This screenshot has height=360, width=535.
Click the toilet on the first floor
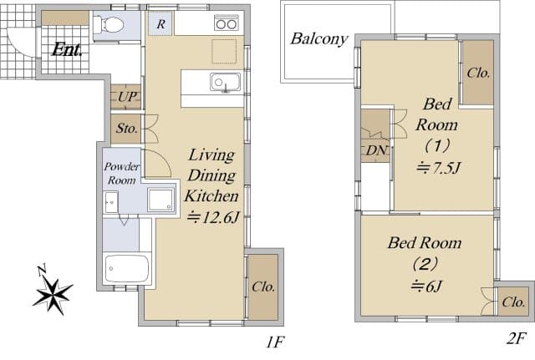(107, 25)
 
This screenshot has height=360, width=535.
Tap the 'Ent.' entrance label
(66, 49)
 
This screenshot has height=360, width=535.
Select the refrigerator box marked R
(160, 24)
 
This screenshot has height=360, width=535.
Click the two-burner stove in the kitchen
(226, 23)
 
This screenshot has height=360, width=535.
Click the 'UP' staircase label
(127, 97)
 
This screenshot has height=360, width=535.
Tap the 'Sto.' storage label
(126, 129)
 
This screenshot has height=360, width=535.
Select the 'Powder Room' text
(120, 173)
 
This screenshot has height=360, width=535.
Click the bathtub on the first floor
(127, 269)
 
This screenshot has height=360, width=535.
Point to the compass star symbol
(53, 292)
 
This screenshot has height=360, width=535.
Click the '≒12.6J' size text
(212, 217)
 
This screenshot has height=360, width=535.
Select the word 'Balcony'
(319, 38)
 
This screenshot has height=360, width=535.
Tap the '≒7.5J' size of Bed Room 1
(439, 167)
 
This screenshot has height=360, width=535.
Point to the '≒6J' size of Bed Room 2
(425, 286)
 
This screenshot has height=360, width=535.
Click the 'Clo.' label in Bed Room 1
(479, 73)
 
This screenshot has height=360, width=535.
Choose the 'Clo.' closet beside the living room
(263, 286)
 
